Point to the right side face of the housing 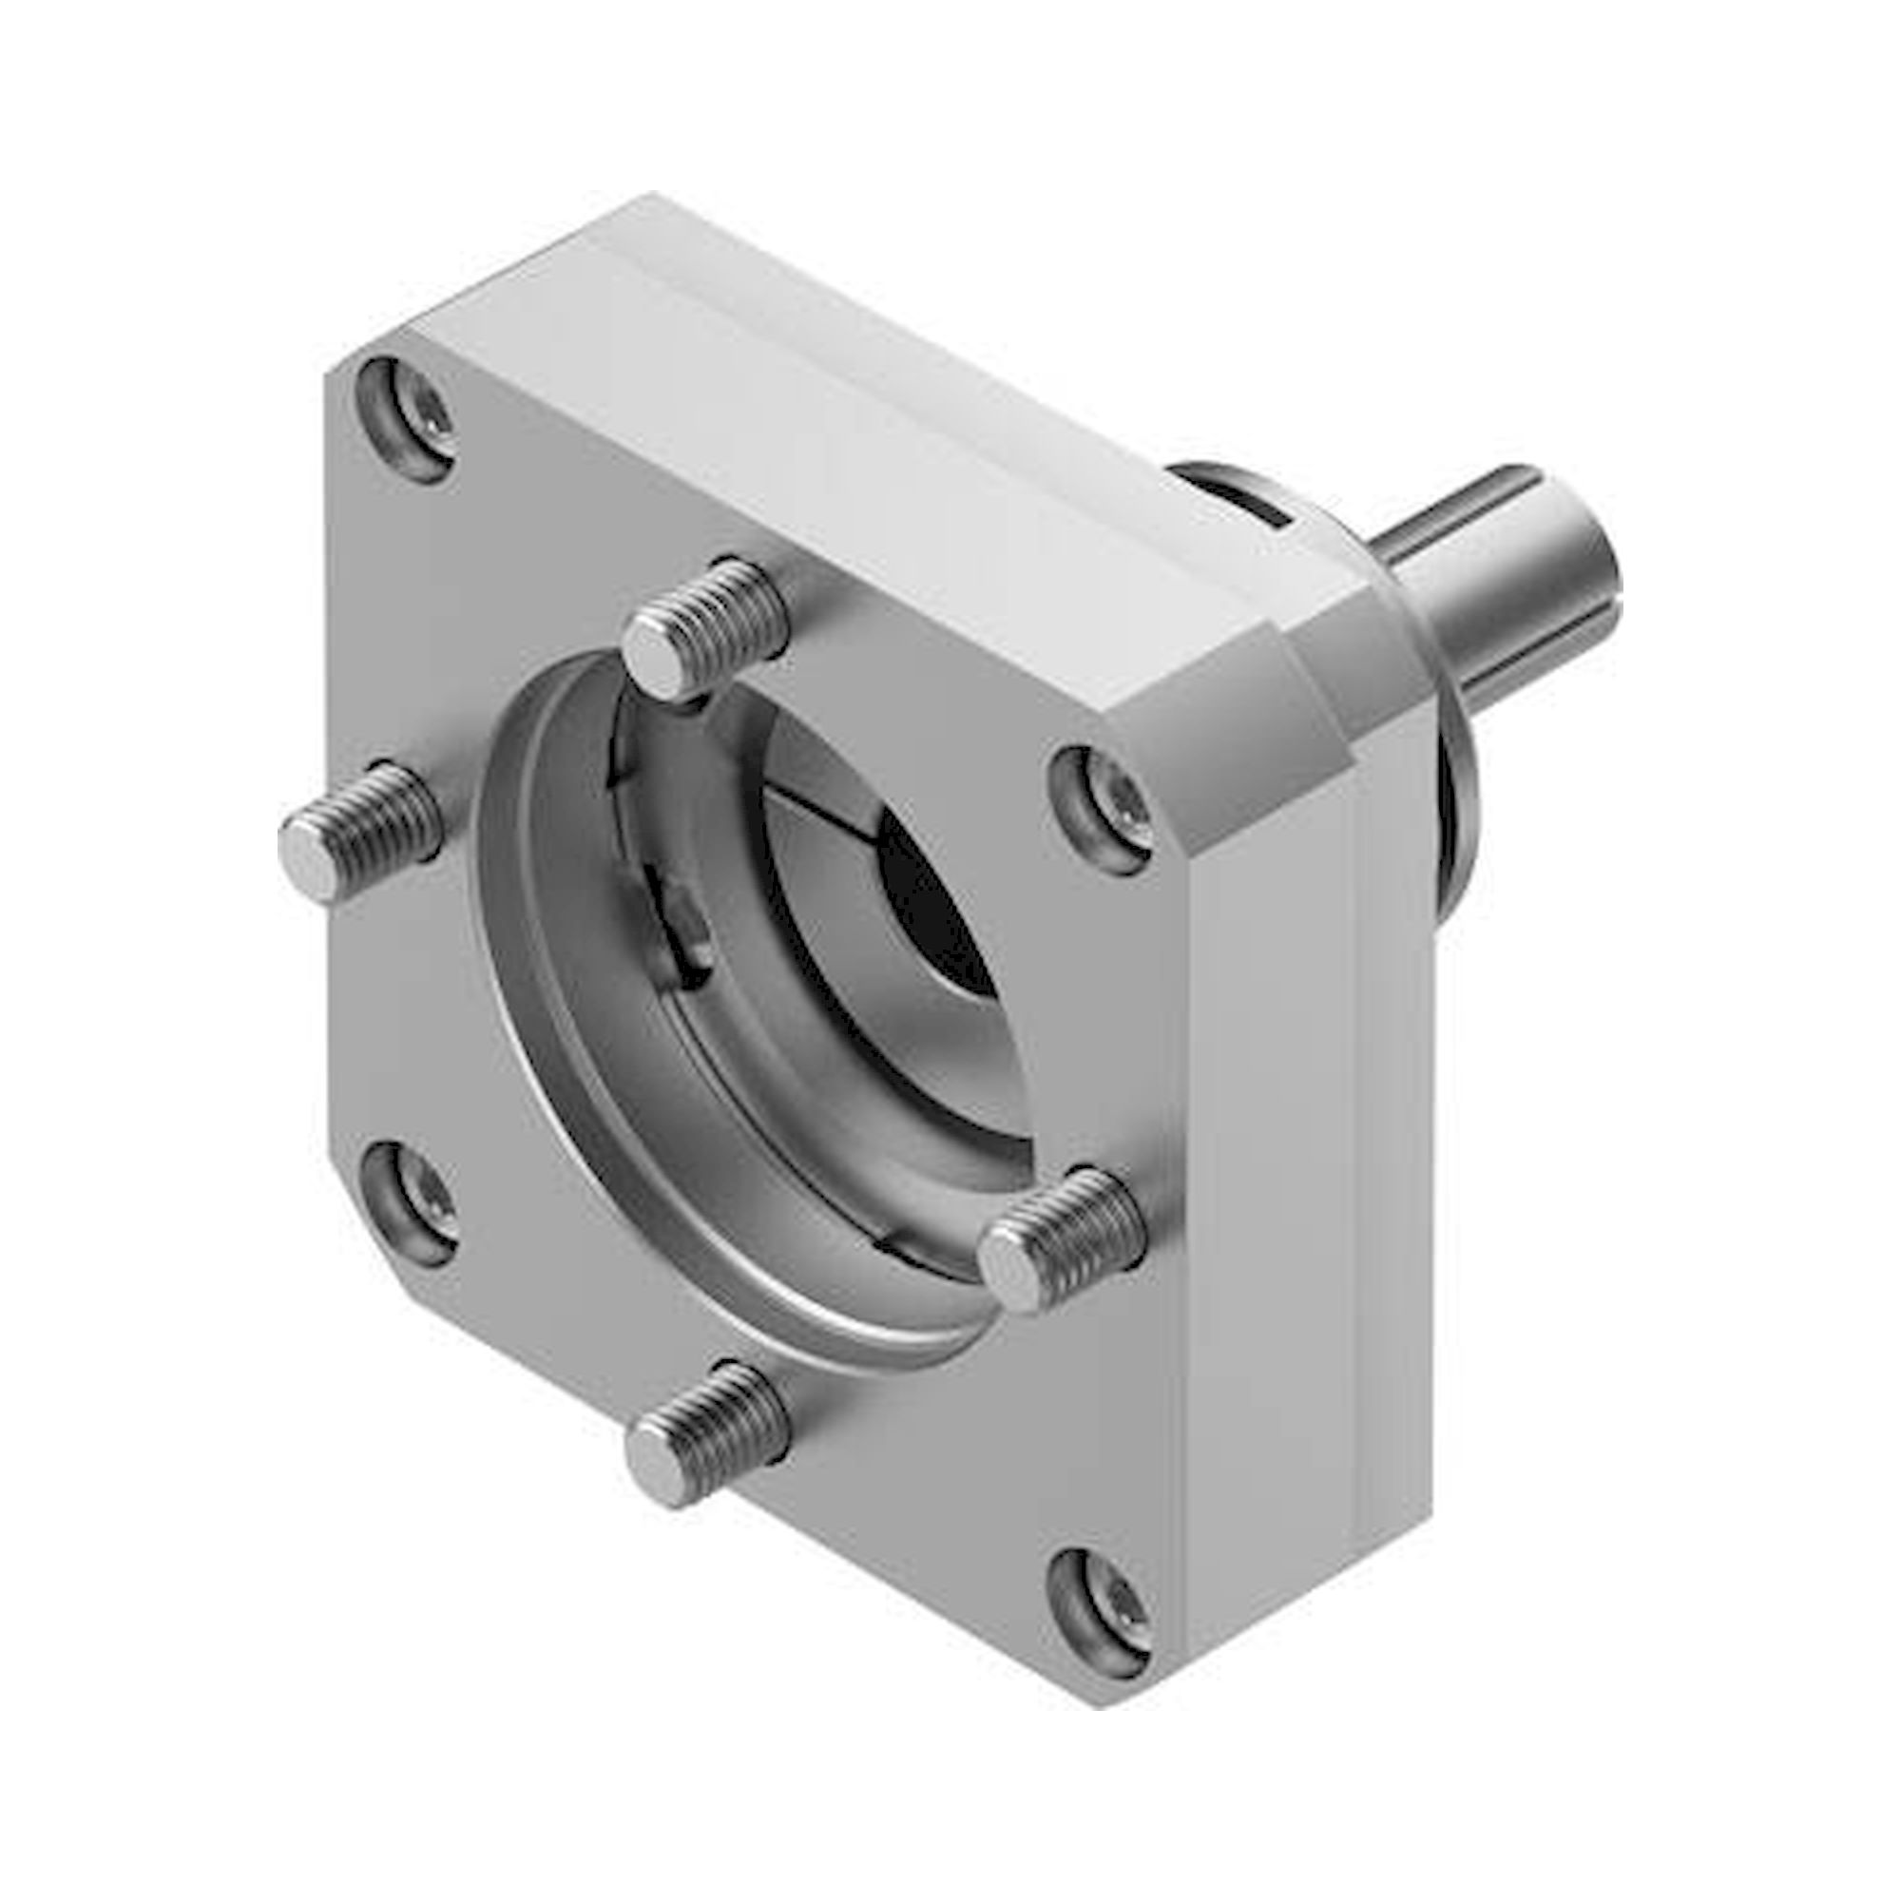(x=1309, y=1230)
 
